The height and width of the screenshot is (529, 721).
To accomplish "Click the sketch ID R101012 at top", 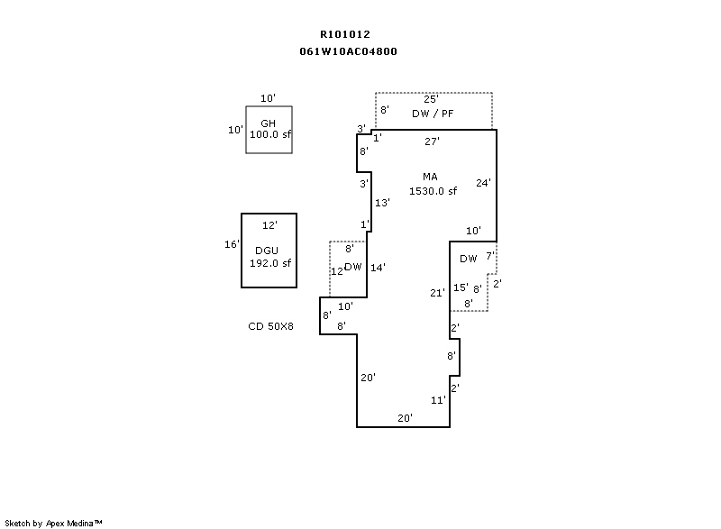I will [x=344, y=34].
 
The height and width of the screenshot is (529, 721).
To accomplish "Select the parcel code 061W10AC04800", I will [x=348, y=51].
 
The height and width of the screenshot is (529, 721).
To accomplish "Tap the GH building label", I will [x=268, y=123].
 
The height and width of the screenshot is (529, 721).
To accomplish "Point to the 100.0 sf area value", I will [x=270, y=134].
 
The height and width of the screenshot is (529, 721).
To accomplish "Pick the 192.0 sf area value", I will [x=270, y=263].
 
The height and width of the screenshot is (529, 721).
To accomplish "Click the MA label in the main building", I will [x=430, y=177].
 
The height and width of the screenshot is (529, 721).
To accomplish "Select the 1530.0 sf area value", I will [x=433, y=191].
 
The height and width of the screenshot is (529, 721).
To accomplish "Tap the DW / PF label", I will [x=433, y=113].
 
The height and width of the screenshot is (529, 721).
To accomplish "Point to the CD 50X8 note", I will [x=271, y=326].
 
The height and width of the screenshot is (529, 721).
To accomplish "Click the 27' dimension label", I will [x=432, y=141].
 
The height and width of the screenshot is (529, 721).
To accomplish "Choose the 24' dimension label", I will [x=483, y=183].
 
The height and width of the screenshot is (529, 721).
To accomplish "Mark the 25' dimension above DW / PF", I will [x=431, y=99].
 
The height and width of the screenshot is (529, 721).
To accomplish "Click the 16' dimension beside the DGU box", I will [x=232, y=244].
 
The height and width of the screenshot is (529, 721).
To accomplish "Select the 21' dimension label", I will [x=437, y=293].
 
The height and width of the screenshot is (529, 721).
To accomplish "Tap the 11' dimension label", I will [x=438, y=400].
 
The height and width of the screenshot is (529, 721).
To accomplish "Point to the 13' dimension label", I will [x=382, y=203].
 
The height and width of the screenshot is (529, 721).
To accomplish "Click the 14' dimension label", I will [x=378, y=267].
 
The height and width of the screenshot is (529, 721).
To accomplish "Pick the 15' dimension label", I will [x=461, y=288].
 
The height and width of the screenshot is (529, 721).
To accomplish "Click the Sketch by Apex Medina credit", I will [x=53, y=523].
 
